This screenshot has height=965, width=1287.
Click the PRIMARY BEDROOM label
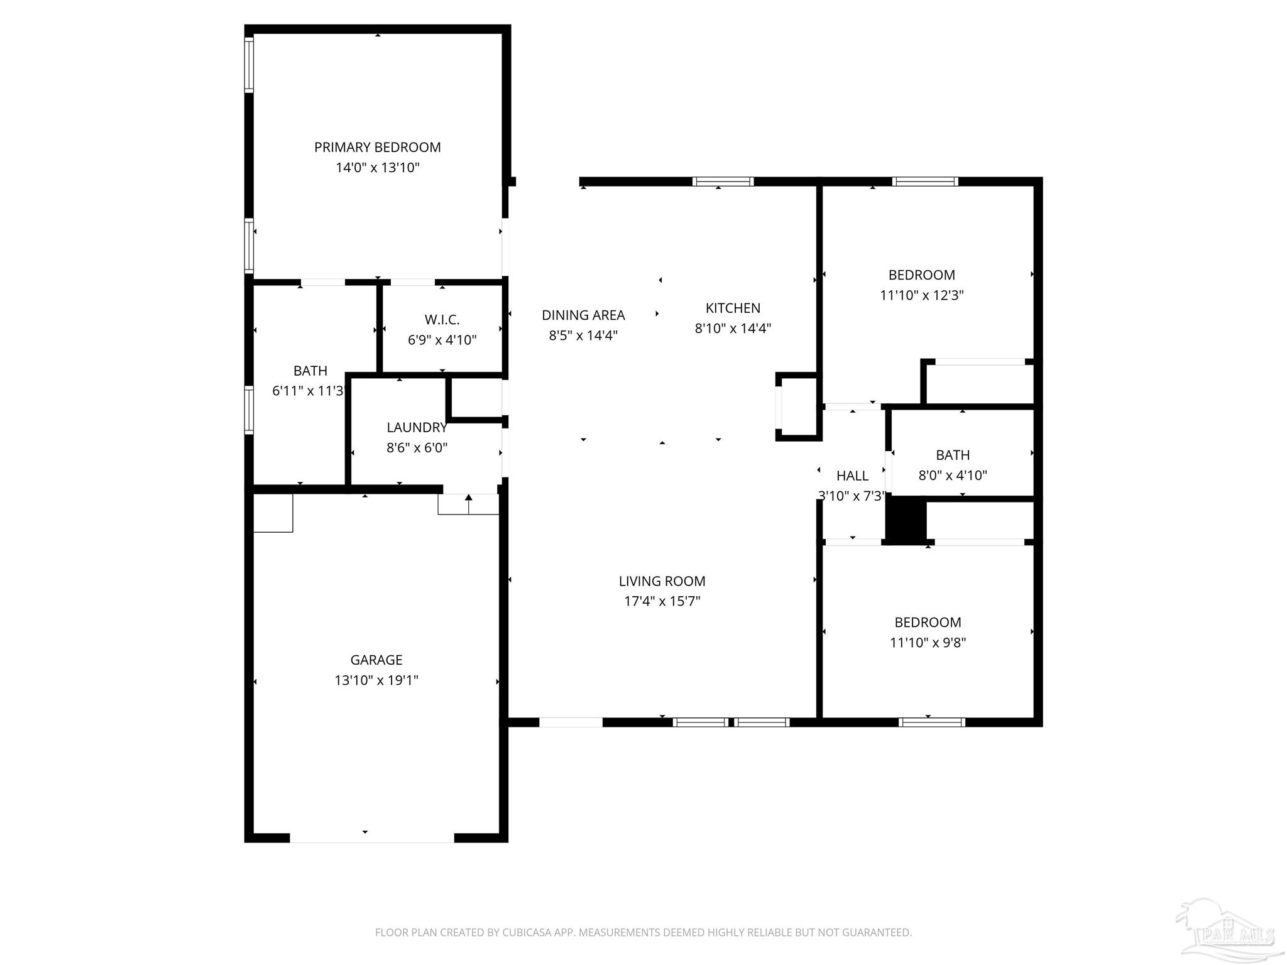pos(377,147)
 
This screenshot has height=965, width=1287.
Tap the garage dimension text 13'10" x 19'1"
pos(376,680)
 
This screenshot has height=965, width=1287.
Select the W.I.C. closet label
pos(442,320)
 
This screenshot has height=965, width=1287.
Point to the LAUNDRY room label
pos(417,428)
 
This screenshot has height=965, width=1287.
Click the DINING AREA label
pos(583,315)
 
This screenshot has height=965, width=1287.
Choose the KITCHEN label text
pos(733,308)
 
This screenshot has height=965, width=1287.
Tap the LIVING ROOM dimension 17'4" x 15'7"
pos(662,601)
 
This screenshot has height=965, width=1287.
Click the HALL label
pos(852,476)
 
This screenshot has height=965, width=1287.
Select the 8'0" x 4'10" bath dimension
pos(953,476)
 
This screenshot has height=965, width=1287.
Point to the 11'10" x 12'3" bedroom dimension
pos(921,295)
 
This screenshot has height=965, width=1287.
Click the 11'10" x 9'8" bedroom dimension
pos(928,643)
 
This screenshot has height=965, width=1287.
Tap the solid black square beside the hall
pos(906,519)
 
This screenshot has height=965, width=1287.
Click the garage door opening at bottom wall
pos(371,837)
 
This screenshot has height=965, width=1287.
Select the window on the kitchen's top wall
pos(723,182)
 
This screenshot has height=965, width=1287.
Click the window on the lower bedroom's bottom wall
pos(931,722)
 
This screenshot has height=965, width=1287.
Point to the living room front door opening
pos(571,722)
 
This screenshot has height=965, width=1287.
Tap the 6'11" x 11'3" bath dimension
pos(308,391)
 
